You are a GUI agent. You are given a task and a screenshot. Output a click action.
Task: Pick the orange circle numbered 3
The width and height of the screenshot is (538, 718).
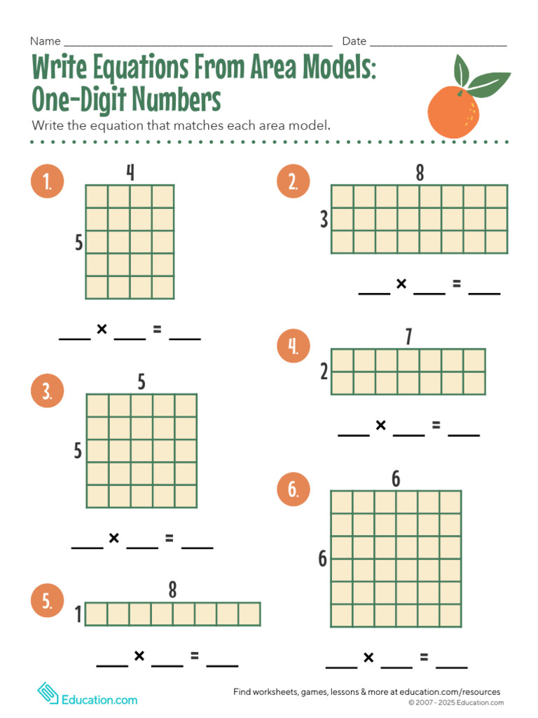[47, 392]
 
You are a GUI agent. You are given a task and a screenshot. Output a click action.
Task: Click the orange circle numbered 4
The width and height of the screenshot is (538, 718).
[294, 346]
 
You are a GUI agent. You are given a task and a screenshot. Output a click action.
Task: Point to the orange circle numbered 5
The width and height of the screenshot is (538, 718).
[47, 601]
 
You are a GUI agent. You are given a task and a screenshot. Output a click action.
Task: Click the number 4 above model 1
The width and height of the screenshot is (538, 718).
[130, 172]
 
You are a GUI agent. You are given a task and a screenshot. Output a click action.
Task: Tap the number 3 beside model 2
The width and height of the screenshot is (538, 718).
[324, 219]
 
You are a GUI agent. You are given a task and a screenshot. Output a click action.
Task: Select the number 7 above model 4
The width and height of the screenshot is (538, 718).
[408, 337]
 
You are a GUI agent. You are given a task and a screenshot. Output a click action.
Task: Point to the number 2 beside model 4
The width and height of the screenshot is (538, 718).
[324, 372]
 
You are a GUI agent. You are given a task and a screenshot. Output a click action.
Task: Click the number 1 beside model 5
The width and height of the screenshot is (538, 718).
[78, 615]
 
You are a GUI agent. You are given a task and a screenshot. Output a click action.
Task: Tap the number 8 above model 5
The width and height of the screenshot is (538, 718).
[172, 590]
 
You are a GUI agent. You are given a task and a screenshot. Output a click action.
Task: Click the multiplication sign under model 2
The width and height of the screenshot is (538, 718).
[401, 284]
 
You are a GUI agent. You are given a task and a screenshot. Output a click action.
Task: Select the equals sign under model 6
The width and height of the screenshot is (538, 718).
[424, 657]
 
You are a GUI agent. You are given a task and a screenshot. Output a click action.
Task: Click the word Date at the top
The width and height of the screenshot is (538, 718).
[354, 41]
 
